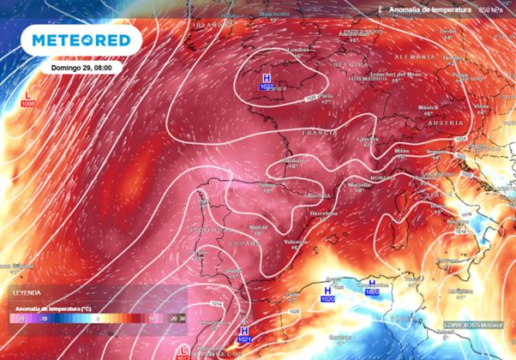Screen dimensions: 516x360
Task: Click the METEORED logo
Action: point(82,40)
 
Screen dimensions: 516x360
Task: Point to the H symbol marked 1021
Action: point(244,333)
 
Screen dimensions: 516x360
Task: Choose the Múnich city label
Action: point(427,107)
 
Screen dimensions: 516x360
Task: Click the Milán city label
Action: point(401,150)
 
